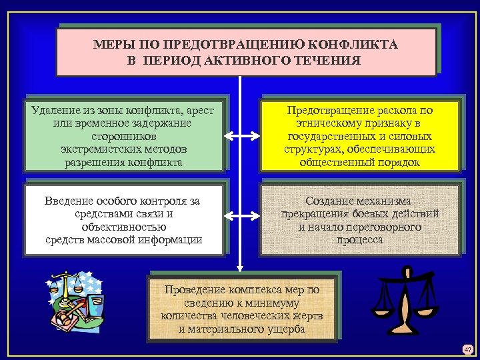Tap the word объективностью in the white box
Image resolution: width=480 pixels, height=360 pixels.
[x=124, y=227]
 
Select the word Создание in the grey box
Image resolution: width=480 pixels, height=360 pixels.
[x=331, y=201]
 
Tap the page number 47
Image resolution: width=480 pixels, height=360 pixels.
[x=467, y=348]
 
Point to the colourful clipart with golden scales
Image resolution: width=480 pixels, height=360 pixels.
[x=75, y=304]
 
